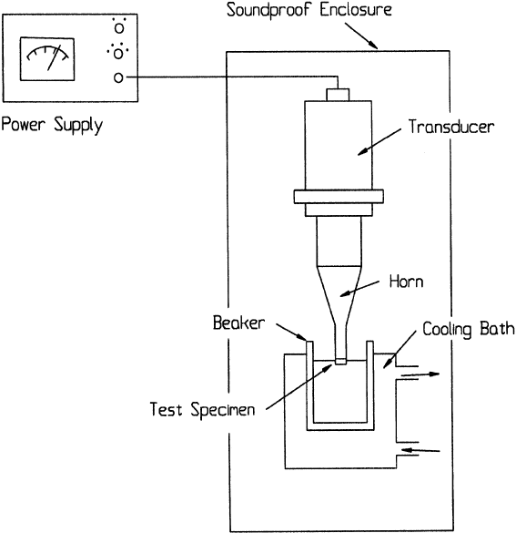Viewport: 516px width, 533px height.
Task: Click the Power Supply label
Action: pos(52,125)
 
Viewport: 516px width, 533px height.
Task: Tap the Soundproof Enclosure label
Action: pos(309,9)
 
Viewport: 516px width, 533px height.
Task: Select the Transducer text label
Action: pos(451,127)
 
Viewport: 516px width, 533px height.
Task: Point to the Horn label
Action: pos(407,282)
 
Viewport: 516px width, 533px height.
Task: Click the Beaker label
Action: pos(238,323)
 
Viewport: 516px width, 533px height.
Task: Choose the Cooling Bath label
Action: pos(469,330)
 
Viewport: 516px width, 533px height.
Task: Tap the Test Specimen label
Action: pos(202,409)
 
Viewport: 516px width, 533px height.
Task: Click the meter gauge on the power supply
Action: pos(47,59)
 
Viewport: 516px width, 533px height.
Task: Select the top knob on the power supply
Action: pos(119,28)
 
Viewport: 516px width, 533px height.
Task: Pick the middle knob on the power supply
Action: pos(118,54)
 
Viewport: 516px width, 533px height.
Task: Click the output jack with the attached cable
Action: pos(118,77)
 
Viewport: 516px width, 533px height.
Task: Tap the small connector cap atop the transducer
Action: pos(338,95)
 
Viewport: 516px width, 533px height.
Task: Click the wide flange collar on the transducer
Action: pos(339,197)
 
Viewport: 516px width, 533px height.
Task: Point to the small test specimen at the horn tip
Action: pos(340,362)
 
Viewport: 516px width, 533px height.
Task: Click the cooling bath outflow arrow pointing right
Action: pos(420,374)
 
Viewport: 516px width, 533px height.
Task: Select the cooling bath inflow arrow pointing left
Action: pos(420,450)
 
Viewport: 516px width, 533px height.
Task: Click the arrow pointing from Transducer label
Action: pos(379,142)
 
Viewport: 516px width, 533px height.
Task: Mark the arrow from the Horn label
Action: pos(359,289)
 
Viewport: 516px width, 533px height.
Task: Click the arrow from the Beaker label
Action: pos(291,333)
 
